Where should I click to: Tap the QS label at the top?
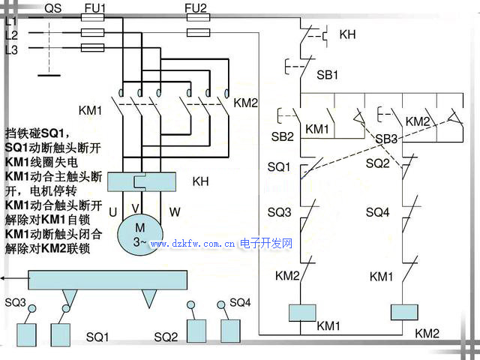(54, 8)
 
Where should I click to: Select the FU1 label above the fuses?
(95, 8)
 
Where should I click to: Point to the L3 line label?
(11, 49)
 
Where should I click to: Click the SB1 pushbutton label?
(328, 76)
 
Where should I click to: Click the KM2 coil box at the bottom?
(403, 313)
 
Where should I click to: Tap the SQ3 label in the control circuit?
(279, 212)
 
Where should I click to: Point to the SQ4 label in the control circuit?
(378, 212)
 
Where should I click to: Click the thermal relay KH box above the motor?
(142, 181)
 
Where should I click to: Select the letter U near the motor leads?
(112, 212)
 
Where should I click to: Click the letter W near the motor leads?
(174, 212)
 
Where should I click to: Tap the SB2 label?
(282, 137)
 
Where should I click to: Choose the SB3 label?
(386, 139)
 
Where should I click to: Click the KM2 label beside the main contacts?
(246, 103)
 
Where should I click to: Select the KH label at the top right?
(348, 34)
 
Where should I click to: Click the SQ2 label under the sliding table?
(166, 337)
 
